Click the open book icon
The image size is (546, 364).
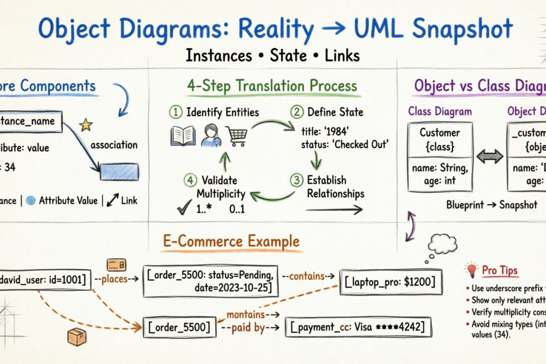[x=182, y=136]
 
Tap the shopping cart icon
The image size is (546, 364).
[x=238, y=136]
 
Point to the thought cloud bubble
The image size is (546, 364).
[x=442, y=244]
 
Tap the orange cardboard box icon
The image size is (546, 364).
[x=76, y=337]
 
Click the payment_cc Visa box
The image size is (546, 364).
[x=358, y=327]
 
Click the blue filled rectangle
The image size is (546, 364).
[x=120, y=172]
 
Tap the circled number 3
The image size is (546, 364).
[x=296, y=180]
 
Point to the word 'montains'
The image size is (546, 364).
[x=246, y=314]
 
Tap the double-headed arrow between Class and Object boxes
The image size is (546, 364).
[x=489, y=156]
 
